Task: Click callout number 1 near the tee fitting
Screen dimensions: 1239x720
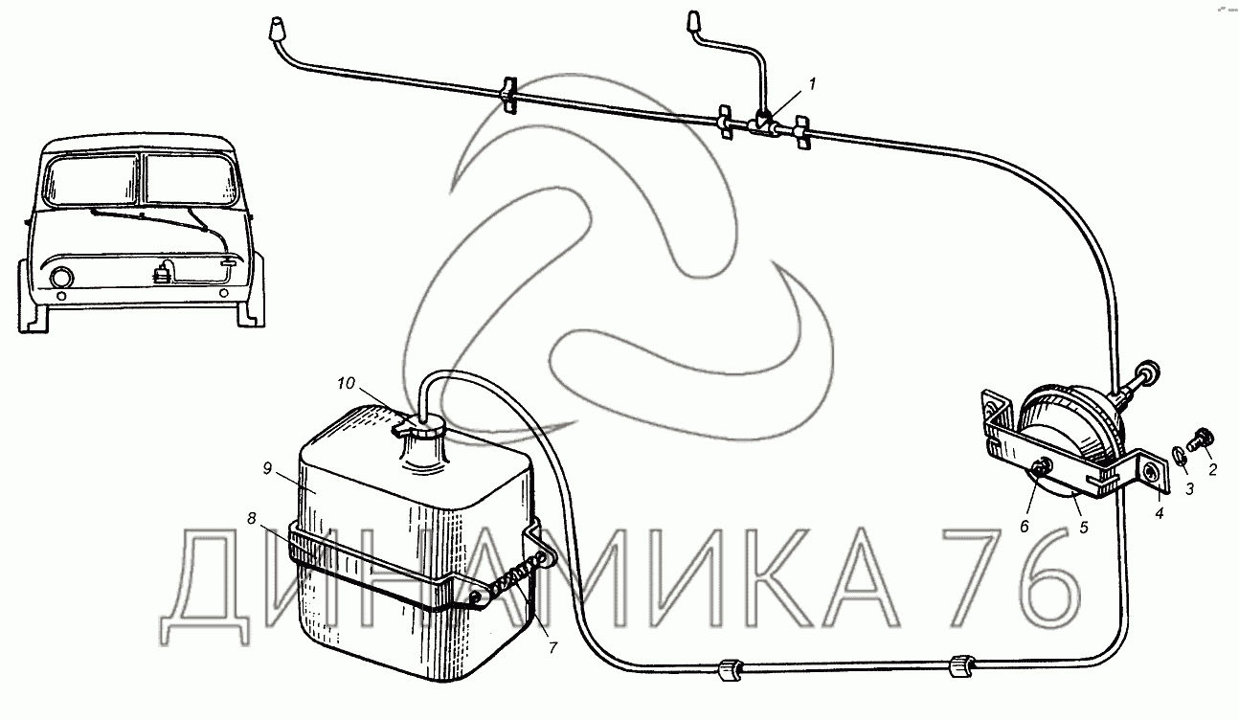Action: [812, 84]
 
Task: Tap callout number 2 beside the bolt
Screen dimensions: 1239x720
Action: [1212, 469]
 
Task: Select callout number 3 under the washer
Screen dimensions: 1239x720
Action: [1189, 489]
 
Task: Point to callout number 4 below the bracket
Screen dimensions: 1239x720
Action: [1160, 513]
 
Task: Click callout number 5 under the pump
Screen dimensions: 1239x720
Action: [1084, 527]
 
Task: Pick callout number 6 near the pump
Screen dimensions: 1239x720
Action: [1024, 527]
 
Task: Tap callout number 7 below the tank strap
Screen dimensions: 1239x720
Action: [552, 647]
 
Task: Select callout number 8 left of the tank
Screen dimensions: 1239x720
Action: [252, 518]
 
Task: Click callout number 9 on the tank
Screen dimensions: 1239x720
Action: [267, 468]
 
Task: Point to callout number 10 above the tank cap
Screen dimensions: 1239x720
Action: [346, 383]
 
